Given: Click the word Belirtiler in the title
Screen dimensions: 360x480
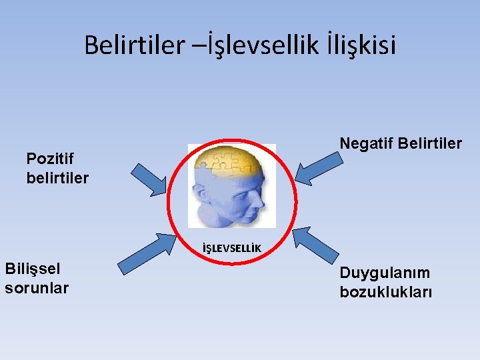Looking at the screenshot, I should pyautogui.click(x=133, y=45).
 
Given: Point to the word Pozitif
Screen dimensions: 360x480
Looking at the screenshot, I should pyautogui.click(x=49, y=159).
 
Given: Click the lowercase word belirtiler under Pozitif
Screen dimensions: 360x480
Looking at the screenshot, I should pyautogui.click(x=57, y=178).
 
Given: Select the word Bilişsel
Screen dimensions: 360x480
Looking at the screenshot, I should pyautogui.click(x=32, y=269).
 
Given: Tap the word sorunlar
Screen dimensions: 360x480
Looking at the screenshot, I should pyautogui.click(x=37, y=288).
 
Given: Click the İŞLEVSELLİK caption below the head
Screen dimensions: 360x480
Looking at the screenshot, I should pyautogui.click(x=231, y=249).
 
